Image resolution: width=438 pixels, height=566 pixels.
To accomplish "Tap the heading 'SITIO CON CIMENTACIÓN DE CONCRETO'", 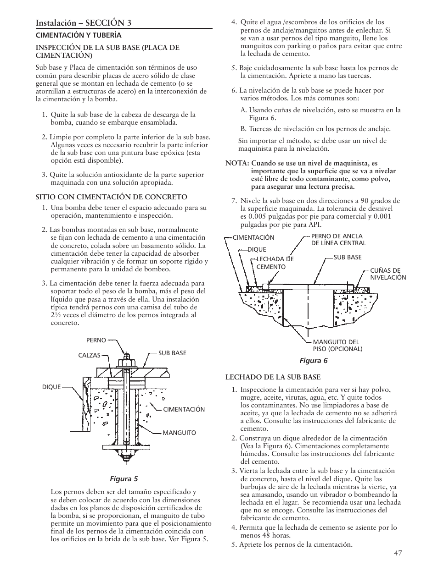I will coord(112,197).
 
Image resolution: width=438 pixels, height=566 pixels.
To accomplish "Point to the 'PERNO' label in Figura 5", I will coord(96,341).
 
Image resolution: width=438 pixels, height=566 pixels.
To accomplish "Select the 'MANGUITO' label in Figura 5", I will coord(179,433).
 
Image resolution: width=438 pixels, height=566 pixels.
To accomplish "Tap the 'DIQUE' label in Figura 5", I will coord(51,387).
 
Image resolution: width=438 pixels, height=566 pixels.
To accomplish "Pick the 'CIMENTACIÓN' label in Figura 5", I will coord(184,409).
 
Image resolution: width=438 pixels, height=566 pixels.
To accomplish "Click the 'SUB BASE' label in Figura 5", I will coord(172,353).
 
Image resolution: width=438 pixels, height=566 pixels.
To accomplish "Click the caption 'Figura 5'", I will coord(123,479).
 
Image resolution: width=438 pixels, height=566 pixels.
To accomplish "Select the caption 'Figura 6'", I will coord(314,360).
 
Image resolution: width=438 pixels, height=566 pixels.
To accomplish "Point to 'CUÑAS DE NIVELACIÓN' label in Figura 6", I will coord(388,274).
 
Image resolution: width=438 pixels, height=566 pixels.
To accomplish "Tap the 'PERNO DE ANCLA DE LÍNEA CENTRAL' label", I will coord(338,240).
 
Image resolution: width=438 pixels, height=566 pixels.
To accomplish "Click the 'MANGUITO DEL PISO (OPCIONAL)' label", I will coord(337,346).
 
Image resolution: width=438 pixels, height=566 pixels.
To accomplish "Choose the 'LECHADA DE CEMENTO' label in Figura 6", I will coord(275,263).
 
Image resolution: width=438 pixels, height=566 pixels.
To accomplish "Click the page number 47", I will coord(398,553).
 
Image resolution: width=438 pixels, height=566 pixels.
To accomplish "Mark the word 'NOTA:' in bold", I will coord(237,163).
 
